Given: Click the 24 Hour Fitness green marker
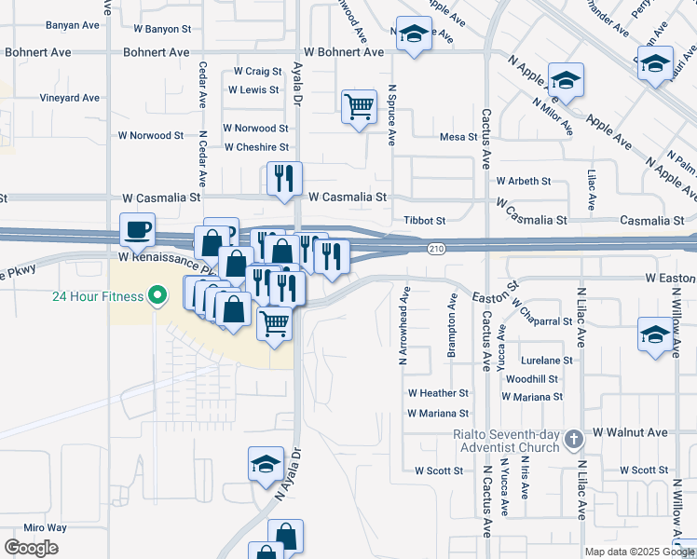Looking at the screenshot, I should [x=157, y=297].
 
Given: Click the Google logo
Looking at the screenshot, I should [x=31, y=548].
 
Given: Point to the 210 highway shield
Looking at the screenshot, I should [x=437, y=249].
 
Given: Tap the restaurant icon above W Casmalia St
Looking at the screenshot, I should [x=284, y=178].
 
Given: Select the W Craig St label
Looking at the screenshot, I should [x=257, y=71].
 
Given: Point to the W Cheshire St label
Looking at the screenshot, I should [x=256, y=147].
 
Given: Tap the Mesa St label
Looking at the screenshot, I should [x=458, y=137].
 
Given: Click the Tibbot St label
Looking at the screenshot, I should [x=425, y=221].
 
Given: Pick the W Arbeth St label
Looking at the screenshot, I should [x=524, y=181].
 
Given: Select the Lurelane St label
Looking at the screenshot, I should [x=547, y=360].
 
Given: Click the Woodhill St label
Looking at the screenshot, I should [x=533, y=379].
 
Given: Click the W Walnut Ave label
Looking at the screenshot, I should [x=630, y=432].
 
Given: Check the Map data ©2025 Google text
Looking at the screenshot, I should [x=639, y=552].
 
